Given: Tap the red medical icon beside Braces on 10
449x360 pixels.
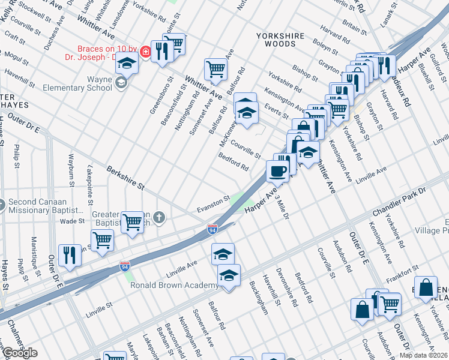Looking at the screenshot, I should [x=145, y=53].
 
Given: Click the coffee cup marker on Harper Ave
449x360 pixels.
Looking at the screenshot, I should [x=277, y=170].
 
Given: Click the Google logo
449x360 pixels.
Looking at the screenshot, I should [x=19, y=353].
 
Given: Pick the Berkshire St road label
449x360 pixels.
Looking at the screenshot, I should [x=125, y=178].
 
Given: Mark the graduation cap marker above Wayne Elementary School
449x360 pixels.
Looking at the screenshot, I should [x=127, y=62].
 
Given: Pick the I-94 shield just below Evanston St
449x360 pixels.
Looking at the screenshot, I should [x=212, y=229].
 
